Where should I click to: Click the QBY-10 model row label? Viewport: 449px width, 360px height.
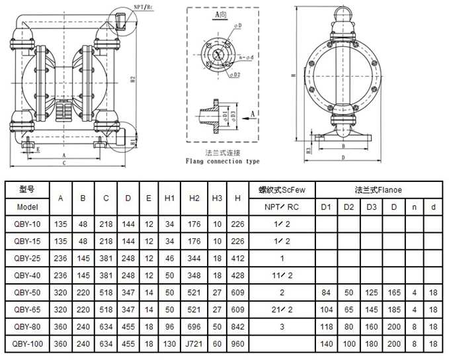pos(28,224)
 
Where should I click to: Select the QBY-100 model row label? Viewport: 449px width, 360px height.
pos(28,344)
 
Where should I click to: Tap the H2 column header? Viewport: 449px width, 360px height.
pos(194,197)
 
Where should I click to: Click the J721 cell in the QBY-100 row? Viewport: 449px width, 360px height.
pos(194,344)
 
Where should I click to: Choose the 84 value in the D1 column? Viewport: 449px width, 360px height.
pos(325,292)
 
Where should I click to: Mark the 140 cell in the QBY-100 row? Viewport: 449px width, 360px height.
pos(325,344)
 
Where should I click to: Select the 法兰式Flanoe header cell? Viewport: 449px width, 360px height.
pos(379,189)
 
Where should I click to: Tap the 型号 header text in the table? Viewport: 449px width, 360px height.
pos(28,189)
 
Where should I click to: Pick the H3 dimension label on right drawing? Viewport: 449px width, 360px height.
pos(308,151)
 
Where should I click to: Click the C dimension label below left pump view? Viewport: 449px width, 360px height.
pos(63,161)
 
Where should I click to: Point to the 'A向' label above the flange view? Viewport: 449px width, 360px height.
pos(222,15)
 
